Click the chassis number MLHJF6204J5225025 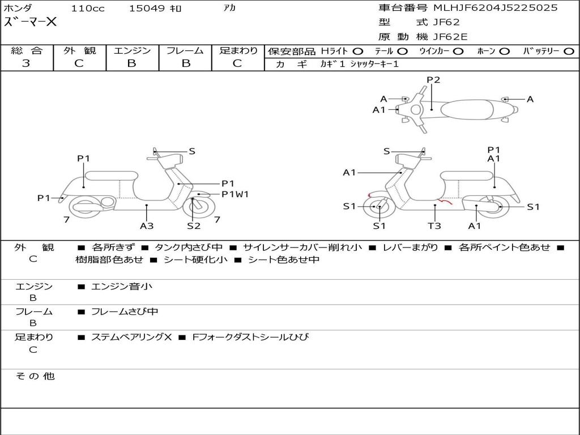pyautogui.click(x=495, y=8)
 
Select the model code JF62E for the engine pyautogui.click(x=450, y=37)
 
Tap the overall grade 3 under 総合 pyautogui.click(x=26, y=63)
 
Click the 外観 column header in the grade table pyautogui.click(x=79, y=50)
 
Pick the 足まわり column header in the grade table pyautogui.click(x=238, y=50)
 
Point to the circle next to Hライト pyautogui.click(x=358, y=52)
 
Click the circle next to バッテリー pyautogui.click(x=569, y=52)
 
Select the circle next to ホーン pyautogui.click(x=505, y=52)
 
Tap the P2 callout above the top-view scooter pyautogui.click(x=433, y=80)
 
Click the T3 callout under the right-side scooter pyautogui.click(x=434, y=225)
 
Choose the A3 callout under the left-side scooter pyautogui.click(x=147, y=225)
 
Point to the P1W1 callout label pyautogui.click(x=235, y=194)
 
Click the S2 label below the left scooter pyautogui.click(x=194, y=225)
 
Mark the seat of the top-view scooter pyautogui.click(x=467, y=109)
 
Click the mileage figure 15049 pyautogui.click(x=147, y=8)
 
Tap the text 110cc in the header pyautogui.click(x=88, y=8)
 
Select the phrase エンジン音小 pyautogui.click(x=122, y=286)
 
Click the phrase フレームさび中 pyautogui.click(x=125, y=312)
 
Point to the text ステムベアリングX pyautogui.click(x=131, y=337)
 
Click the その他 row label pyautogui.click(x=35, y=376)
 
